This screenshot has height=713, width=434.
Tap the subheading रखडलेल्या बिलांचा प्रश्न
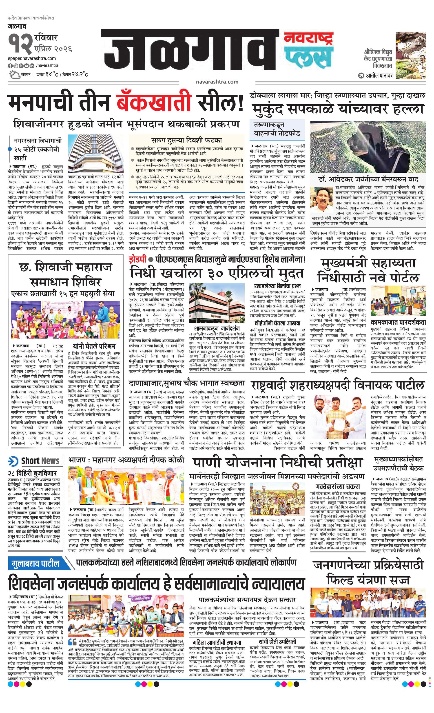click(x=277, y=286)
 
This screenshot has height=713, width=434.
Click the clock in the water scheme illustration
click(x=295, y=486)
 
